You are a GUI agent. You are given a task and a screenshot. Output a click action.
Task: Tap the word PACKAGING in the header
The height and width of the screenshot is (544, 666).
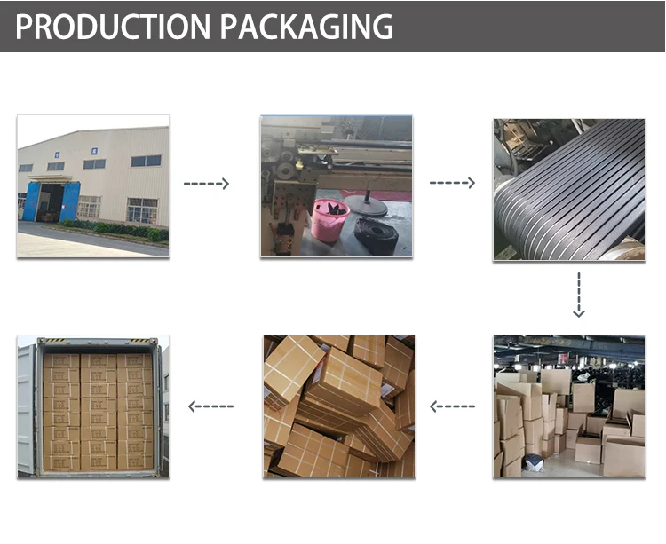[307, 27]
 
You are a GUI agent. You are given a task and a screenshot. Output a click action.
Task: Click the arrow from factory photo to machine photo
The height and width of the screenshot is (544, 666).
[206, 184]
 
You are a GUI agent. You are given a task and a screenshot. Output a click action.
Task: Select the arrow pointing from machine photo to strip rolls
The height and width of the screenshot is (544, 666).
[453, 184]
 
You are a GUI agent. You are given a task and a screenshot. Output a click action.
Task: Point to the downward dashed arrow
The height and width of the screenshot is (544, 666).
[578, 296]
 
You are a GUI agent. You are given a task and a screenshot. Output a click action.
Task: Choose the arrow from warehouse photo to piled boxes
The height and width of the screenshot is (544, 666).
[453, 406]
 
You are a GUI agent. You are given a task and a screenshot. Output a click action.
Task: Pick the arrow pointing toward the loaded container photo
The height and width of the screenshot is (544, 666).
[211, 406]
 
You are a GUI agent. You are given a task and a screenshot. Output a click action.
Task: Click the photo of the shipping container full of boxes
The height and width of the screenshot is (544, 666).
[92, 406]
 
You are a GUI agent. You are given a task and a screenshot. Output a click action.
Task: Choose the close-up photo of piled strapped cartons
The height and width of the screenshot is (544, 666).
[338, 406]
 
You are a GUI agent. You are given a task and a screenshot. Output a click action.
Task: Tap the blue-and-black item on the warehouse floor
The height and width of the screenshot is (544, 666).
[532, 462]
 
